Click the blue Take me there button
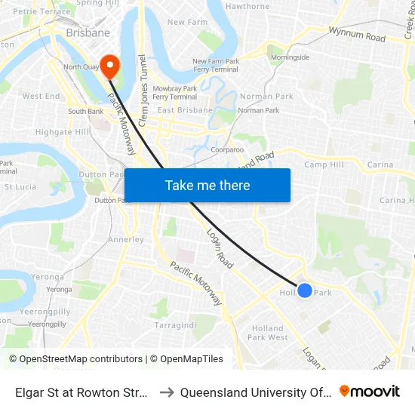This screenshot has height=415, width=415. click(207, 185)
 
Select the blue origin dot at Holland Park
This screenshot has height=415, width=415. click(305, 290)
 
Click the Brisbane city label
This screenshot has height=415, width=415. click(88, 33)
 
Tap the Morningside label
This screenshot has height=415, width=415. click(290, 57)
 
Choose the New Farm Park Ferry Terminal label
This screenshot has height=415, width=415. click(215, 66)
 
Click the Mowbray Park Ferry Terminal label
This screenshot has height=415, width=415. click(174, 93)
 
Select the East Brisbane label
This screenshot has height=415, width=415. click(186, 110)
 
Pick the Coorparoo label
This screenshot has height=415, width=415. click(227, 149)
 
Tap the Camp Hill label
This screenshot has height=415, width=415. click(324, 164)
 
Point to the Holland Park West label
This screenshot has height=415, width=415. click(268, 333)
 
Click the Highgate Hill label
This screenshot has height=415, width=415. click(62, 132)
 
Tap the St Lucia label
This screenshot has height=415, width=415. click(20, 186)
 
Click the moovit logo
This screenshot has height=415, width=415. click(370, 392)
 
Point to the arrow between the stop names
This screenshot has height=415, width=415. click(166, 392)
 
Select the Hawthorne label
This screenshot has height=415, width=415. click(247, 7)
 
